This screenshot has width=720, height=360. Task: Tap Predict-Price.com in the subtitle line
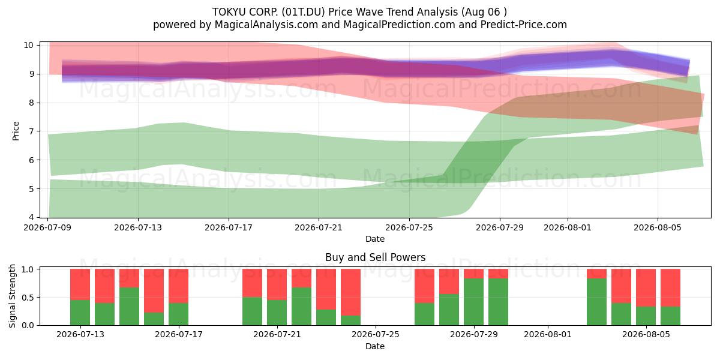tap(523, 25)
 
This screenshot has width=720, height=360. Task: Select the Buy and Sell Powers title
tap(375, 257)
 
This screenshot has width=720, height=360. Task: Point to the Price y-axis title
tap(16, 131)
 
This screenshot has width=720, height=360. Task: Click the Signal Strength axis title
tap(12, 296)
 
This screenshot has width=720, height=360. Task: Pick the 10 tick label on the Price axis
tap(28, 45)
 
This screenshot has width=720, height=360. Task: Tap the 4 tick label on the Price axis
tap(31, 218)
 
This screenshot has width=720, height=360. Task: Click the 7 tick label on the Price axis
tap(31, 131)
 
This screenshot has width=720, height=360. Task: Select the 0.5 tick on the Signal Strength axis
tap(28, 298)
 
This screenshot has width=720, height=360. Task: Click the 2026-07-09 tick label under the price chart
tap(47, 227)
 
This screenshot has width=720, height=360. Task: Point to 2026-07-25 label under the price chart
tap(409, 227)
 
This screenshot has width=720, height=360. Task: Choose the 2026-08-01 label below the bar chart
tap(548, 335)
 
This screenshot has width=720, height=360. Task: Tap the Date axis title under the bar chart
tap(375, 346)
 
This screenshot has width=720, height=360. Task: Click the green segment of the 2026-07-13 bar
tap(80, 313)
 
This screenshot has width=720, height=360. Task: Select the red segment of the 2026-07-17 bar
tap(178, 286)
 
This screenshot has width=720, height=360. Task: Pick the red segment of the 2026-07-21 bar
tap(277, 284)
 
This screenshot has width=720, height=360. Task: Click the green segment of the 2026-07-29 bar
tap(473, 302)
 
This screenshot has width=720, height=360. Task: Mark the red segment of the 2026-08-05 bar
tap(646, 287)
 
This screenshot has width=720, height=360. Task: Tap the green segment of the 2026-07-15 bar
tap(129, 307)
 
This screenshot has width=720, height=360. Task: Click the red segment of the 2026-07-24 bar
tap(350, 292)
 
